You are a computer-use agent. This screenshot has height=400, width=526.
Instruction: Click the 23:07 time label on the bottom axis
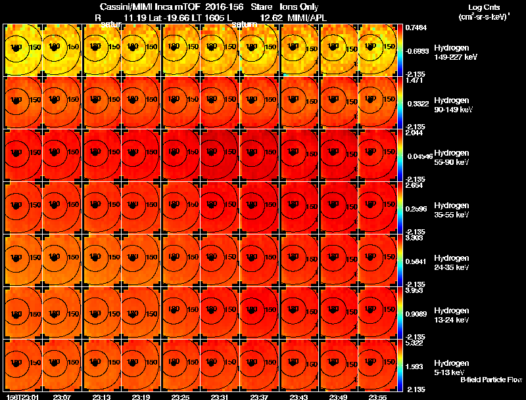62,397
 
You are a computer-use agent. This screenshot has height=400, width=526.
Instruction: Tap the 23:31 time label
220,397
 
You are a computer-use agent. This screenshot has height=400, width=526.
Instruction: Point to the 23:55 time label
378,397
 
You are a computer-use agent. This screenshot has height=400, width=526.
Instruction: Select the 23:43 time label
299,397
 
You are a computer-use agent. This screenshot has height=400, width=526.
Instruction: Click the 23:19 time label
141,397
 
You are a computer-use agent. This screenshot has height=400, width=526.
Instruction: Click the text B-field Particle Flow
491,380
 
